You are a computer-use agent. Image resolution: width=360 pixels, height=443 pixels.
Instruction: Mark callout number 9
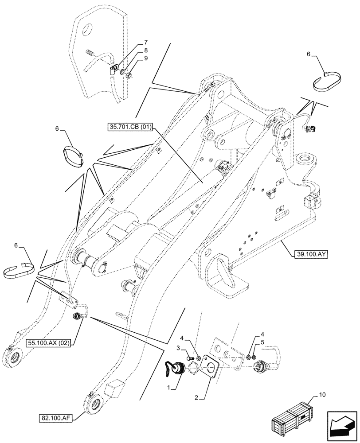pos(146,58)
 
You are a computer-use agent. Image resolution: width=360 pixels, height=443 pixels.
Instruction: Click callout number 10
pos(321,394)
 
